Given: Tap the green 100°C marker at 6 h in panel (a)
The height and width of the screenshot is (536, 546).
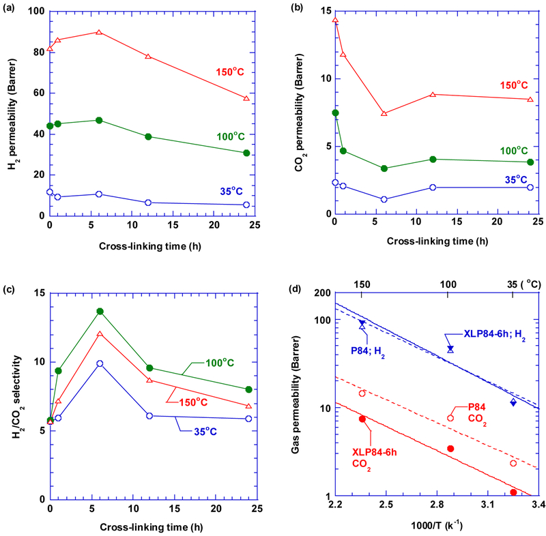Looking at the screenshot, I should coord(99,120).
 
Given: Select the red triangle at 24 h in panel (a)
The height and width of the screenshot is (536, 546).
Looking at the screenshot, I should coord(246,99).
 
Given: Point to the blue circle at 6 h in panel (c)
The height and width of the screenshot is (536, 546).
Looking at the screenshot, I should coord(100,363).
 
